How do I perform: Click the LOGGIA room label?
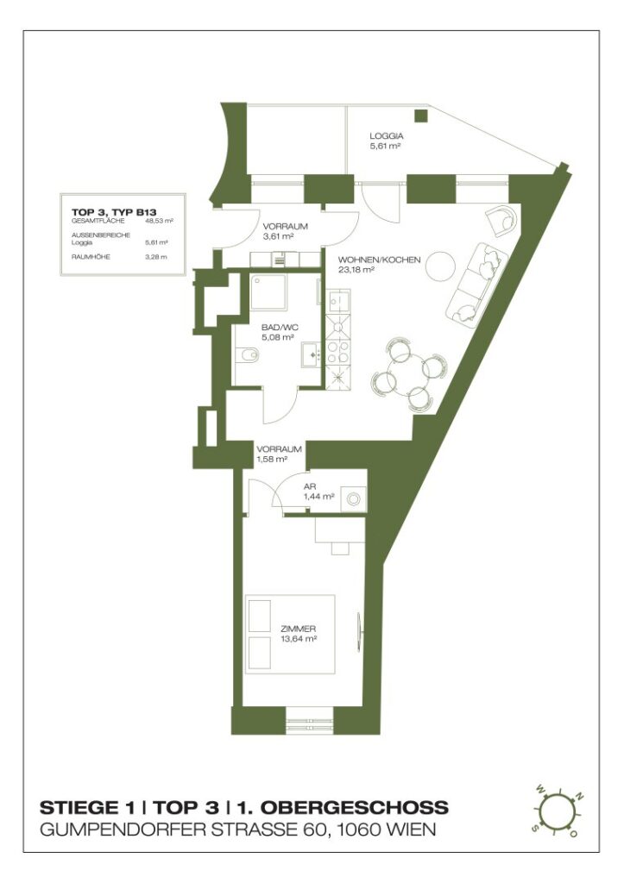[387, 136]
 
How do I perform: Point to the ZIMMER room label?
[298, 629]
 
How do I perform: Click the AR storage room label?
[309, 487]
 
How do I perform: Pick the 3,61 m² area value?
[279, 235]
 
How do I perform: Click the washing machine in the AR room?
[352, 498]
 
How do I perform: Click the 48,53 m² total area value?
[159, 221]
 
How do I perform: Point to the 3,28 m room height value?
[156, 257]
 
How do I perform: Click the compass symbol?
[558, 811]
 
